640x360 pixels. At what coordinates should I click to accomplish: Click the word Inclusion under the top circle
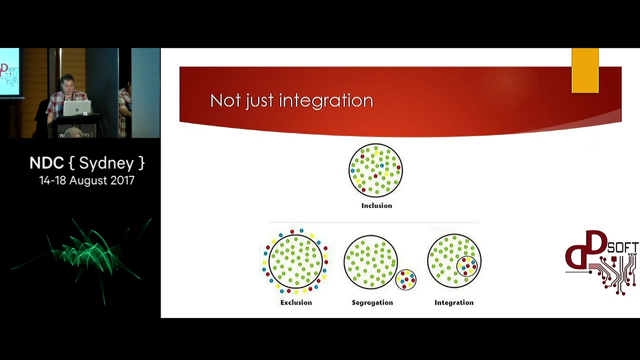tap(376, 205)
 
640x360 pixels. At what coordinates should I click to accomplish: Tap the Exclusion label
tap(296, 302)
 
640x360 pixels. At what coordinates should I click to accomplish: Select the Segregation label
tap(372, 302)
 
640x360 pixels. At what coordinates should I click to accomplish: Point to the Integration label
tap(453, 302)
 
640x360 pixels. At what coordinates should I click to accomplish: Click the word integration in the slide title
tap(326, 100)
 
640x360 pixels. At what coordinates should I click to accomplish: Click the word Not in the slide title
tap(224, 100)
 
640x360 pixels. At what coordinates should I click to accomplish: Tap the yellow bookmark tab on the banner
tap(585, 70)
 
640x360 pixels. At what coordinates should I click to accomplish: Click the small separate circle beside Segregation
tap(406, 280)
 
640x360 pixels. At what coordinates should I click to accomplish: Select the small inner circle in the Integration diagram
tap(466, 266)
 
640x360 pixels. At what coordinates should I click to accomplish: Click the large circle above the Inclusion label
tap(375, 170)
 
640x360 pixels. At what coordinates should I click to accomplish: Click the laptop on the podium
tap(77, 108)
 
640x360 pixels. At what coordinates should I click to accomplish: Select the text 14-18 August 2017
tap(86, 180)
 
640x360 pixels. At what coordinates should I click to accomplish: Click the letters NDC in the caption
tap(46, 163)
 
